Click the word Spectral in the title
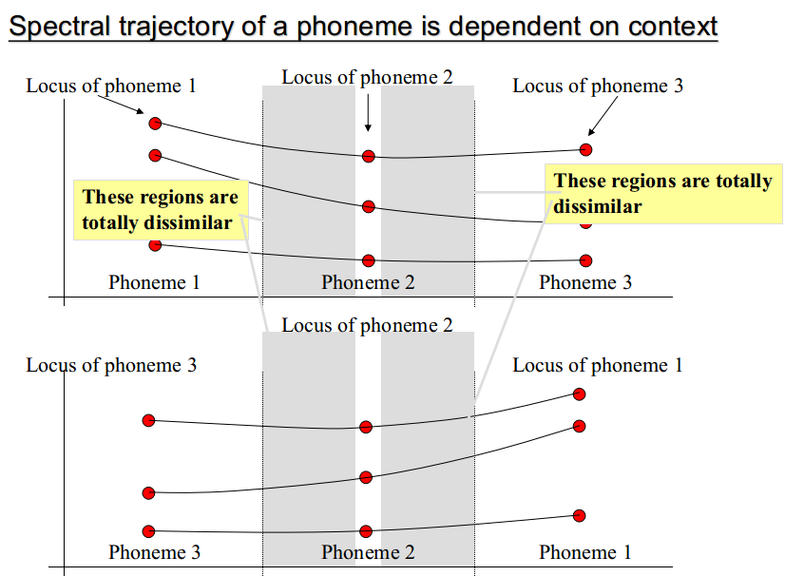[60, 27]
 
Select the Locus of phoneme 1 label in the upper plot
[110, 86]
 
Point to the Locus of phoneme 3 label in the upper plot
[598, 86]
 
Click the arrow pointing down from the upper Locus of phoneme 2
[368, 113]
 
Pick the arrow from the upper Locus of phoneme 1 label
[121, 105]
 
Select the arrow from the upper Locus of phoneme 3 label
[603, 116]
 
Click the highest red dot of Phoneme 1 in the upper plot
[155, 124]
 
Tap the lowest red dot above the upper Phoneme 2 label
[369, 260]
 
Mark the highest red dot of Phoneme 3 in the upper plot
[585, 150]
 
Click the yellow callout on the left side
[161, 210]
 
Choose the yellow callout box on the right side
[663, 193]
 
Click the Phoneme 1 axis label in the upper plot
[154, 282]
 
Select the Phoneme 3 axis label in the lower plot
[154, 552]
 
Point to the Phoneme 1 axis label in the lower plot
[584, 552]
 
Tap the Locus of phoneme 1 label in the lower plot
[598, 365]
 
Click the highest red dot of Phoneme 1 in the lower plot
[579, 394]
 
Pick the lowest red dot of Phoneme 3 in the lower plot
[148, 531]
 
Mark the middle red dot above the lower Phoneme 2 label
[366, 477]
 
